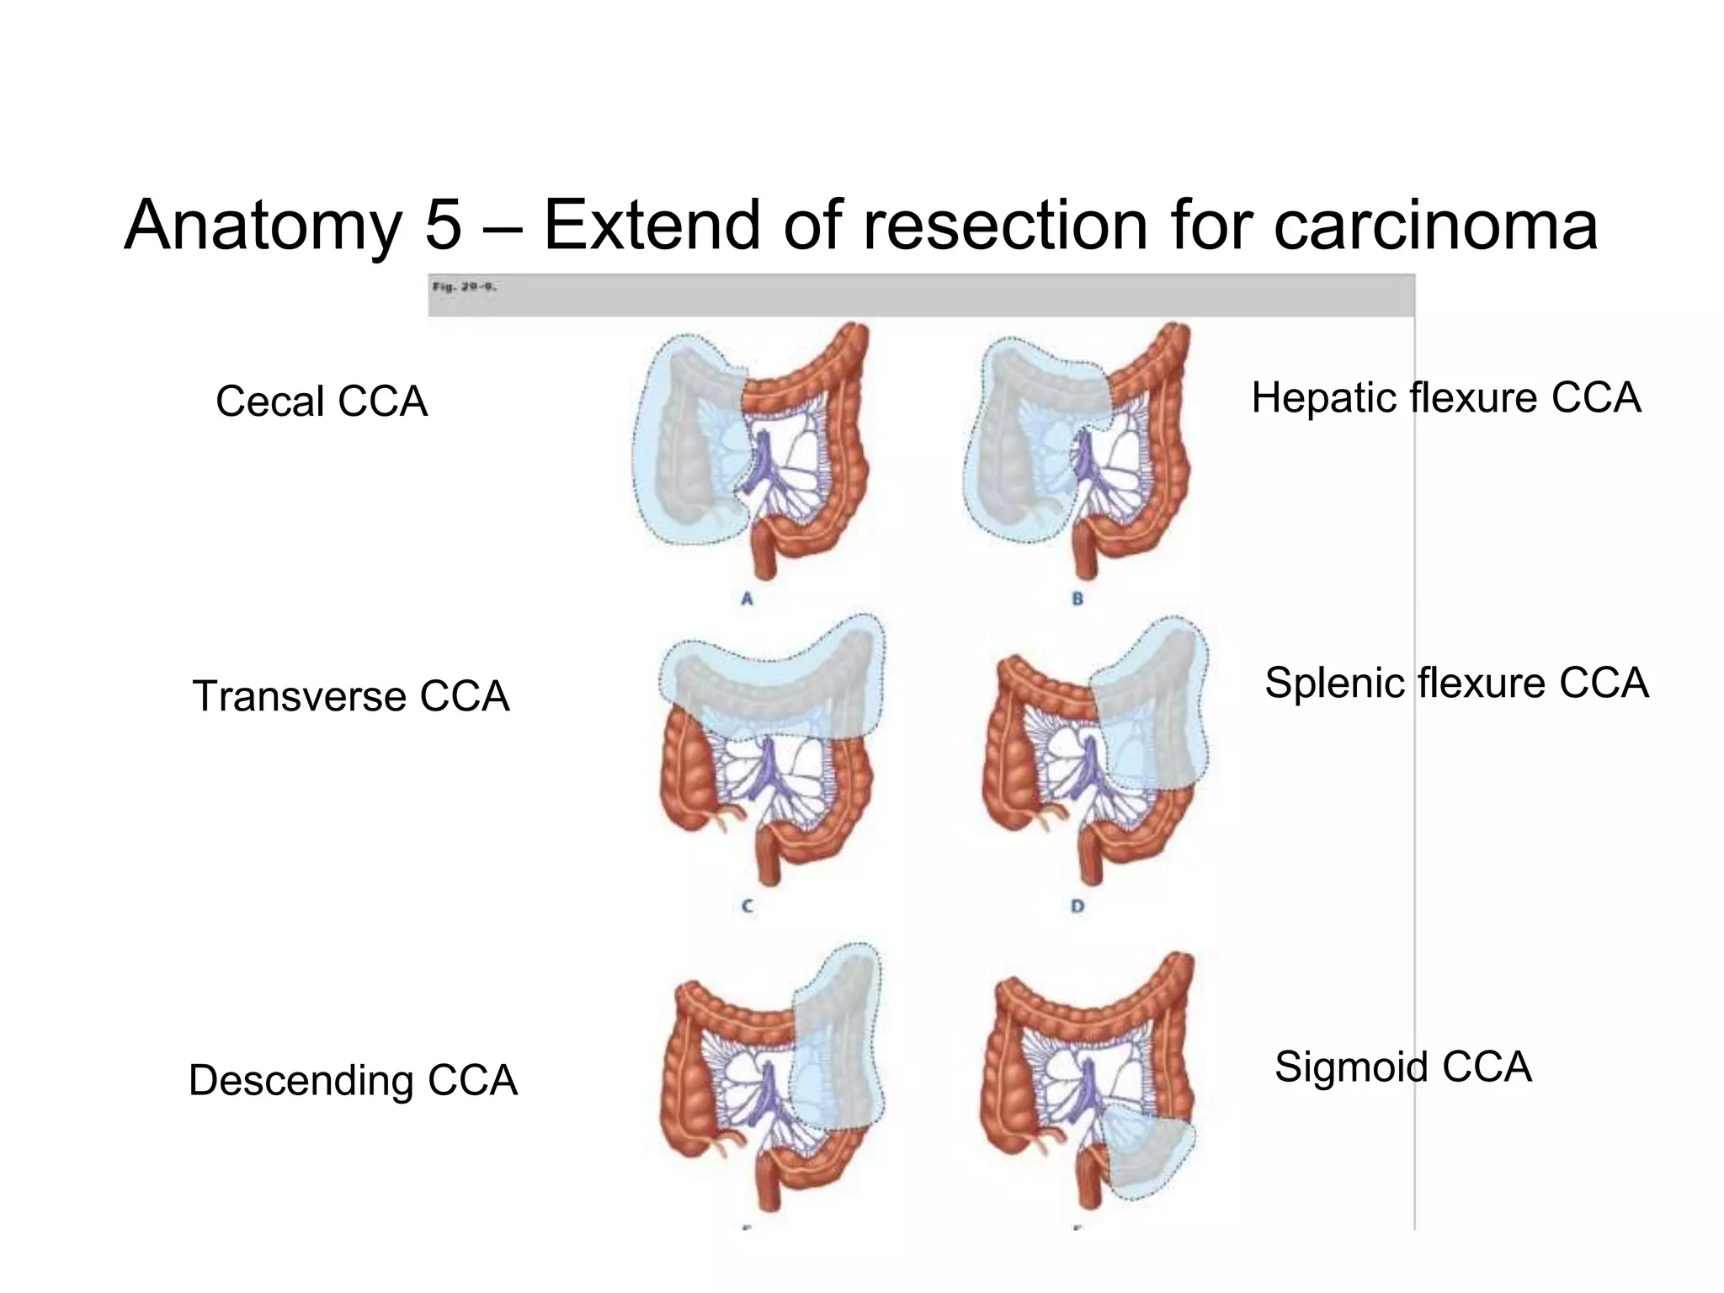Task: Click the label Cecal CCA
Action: [x=321, y=402]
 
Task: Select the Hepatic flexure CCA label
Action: [x=1445, y=397]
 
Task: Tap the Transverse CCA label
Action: [x=351, y=696]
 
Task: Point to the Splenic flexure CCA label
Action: [x=1455, y=683]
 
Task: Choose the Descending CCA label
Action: [x=353, y=1080]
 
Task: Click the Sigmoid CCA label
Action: [x=1402, y=1067]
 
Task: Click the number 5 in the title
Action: [x=444, y=225]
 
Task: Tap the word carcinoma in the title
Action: [x=1435, y=225]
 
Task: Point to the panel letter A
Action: [x=747, y=599]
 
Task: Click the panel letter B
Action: [x=1077, y=599]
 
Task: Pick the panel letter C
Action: [x=747, y=907]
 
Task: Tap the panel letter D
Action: [x=1077, y=907]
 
